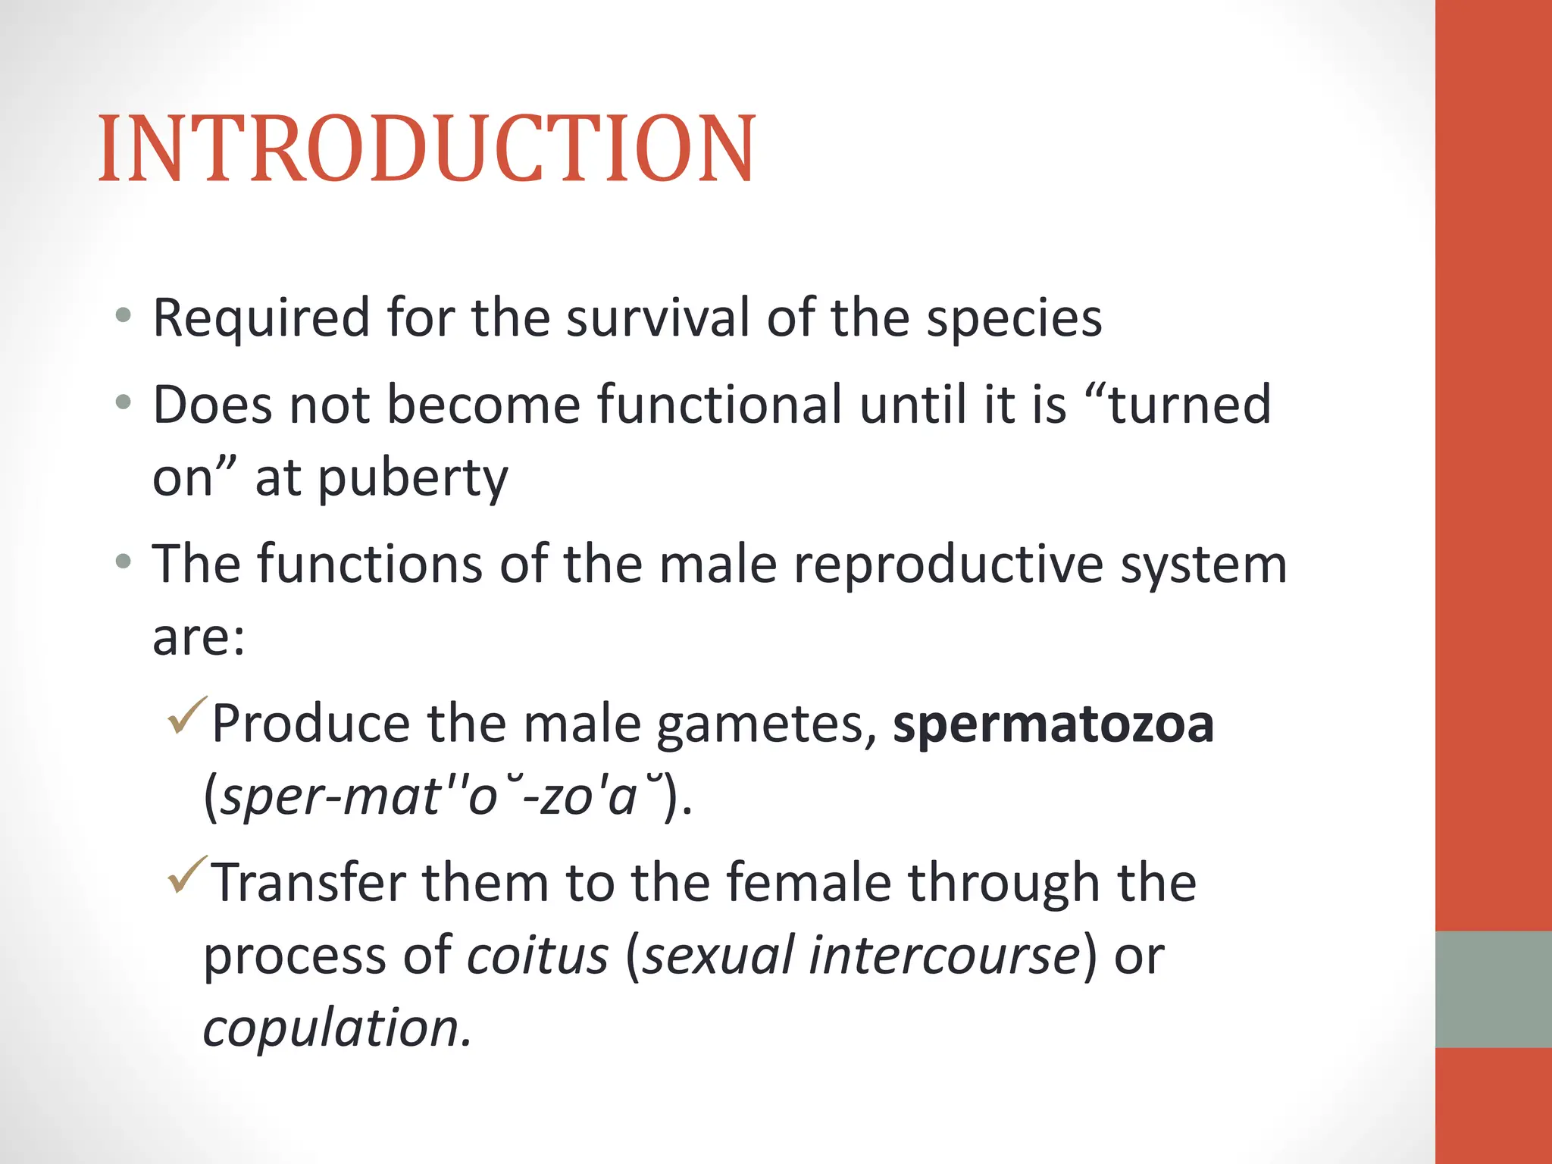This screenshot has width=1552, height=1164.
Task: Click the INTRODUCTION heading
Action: click(x=427, y=149)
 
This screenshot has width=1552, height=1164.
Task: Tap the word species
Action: click(x=1015, y=318)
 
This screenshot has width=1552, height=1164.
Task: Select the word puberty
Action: click(x=412, y=479)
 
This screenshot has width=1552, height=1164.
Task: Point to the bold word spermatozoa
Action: click(x=1053, y=724)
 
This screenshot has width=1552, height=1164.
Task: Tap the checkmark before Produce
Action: click(x=186, y=715)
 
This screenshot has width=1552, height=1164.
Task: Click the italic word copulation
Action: click(x=337, y=1028)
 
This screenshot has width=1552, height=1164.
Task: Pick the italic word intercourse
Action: click(x=944, y=955)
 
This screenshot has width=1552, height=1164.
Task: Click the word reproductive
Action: click(x=948, y=565)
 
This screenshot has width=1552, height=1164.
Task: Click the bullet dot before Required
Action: click(x=124, y=314)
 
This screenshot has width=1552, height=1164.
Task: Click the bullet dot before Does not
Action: click(x=124, y=402)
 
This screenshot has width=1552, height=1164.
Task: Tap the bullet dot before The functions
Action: click(x=124, y=562)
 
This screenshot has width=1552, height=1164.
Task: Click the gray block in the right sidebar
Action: click(x=1493, y=989)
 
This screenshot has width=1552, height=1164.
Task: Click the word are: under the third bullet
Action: click(x=199, y=637)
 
